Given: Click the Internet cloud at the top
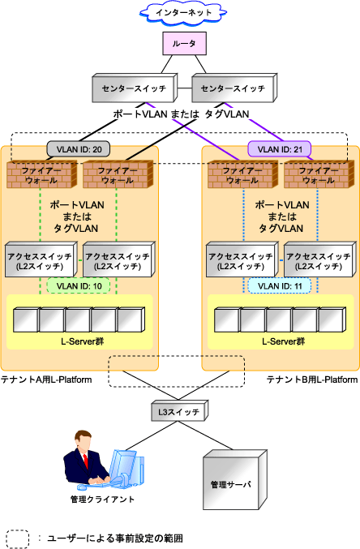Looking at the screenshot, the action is (x=183, y=13).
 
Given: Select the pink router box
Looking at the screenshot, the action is (x=184, y=44).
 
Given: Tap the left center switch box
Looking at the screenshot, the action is (x=135, y=88).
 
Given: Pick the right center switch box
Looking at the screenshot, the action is (x=234, y=88).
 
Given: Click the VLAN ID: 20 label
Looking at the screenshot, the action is (x=79, y=149).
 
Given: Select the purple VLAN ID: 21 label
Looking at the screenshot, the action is (x=280, y=149).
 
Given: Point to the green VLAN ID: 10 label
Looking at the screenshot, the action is (x=79, y=285).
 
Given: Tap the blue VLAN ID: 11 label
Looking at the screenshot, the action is (x=280, y=285).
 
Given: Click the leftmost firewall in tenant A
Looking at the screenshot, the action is (x=41, y=174).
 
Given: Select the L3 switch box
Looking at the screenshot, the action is (x=180, y=411).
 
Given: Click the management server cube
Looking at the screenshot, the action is (x=235, y=480).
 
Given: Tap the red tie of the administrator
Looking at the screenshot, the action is (x=85, y=461).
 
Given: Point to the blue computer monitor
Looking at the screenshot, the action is (x=122, y=465).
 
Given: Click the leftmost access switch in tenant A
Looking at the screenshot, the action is (x=41, y=259).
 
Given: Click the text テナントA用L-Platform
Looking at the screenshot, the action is (x=46, y=380).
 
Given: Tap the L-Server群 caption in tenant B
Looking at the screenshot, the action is (x=283, y=341).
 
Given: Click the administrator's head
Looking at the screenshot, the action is (x=84, y=441).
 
